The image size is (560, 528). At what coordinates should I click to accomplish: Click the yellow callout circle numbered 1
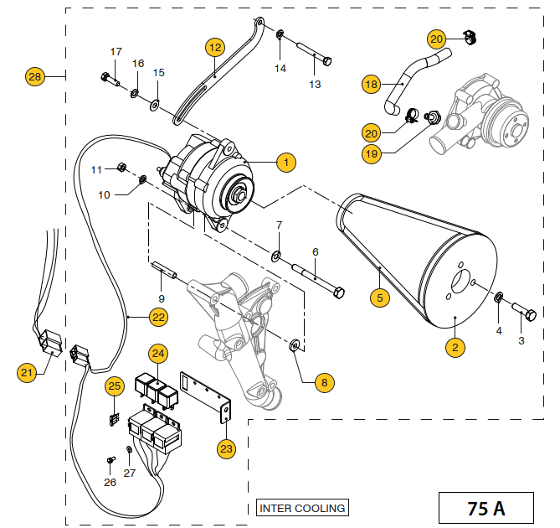(x=285, y=161)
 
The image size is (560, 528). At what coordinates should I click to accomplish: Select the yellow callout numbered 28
(x=35, y=76)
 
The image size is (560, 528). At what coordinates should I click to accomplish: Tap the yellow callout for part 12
(x=215, y=47)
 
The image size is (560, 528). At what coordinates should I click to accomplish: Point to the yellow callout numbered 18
(x=372, y=83)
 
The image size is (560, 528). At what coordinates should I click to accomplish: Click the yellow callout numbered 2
(x=455, y=347)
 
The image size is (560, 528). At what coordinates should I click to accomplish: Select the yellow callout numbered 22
(x=158, y=317)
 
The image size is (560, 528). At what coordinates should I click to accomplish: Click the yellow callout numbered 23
(x=227, y=448)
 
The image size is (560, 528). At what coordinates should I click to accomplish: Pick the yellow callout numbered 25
(x=115, y=386)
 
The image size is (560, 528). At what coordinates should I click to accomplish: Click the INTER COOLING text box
(x=301, y=508)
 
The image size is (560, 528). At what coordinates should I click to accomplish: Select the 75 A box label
(x=486, y=507)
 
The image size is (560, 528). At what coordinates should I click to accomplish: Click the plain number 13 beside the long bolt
(x=315, y=84)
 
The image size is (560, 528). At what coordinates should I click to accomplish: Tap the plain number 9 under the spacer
(x=161, y=298)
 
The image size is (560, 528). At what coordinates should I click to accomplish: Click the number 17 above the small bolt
(x=116, y=52)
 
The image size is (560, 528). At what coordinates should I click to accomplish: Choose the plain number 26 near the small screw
(x=110, y=482)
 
